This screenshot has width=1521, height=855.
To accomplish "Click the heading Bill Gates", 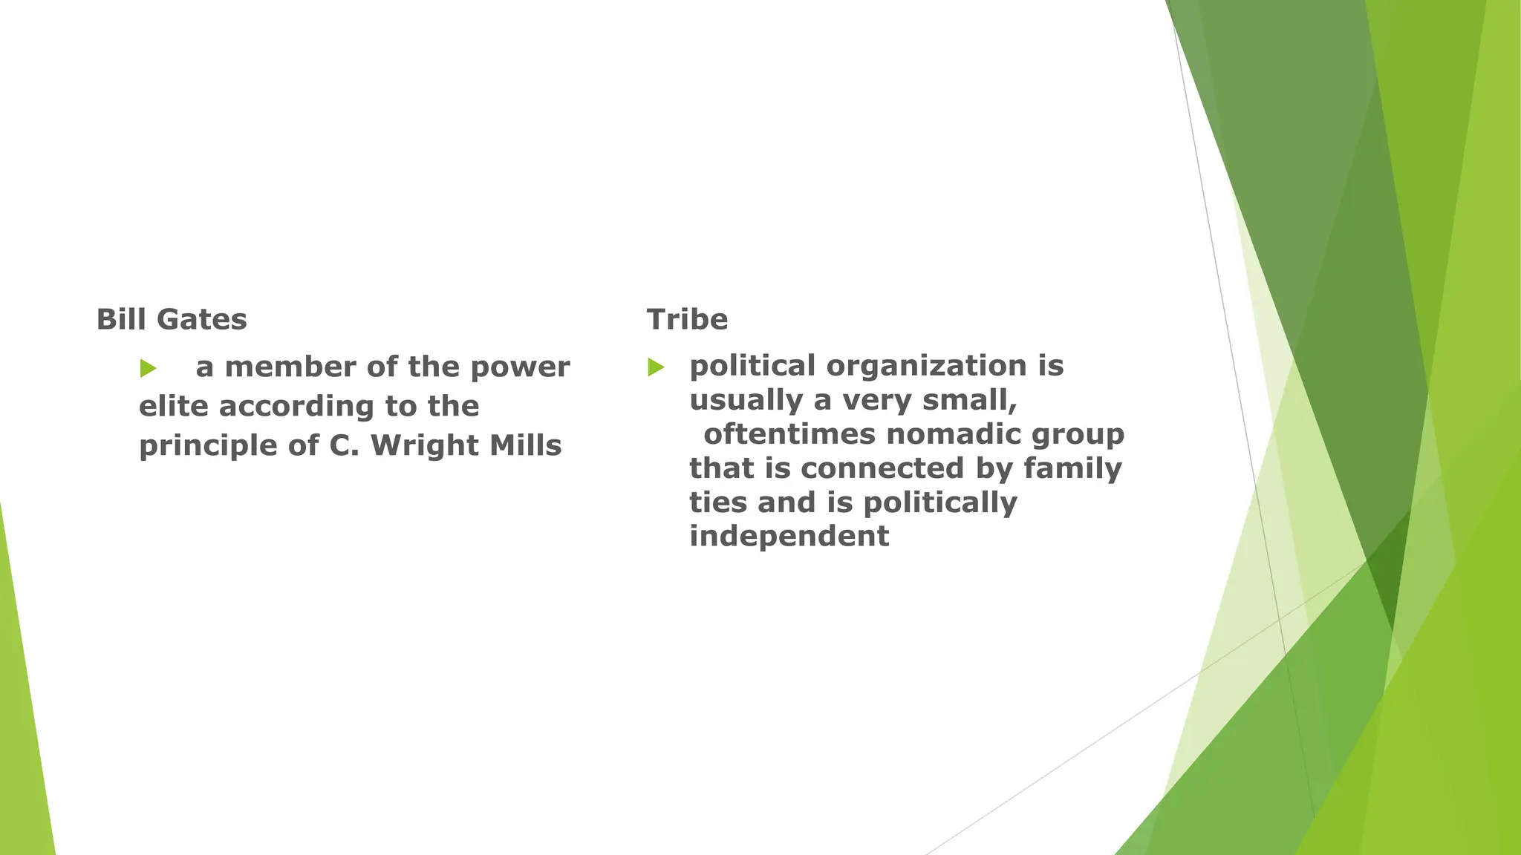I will click(172, 319).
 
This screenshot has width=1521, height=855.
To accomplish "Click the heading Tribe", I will click(687, 319).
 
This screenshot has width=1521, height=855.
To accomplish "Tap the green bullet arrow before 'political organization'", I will click(656, 367).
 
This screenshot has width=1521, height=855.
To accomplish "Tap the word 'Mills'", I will click(525, 445).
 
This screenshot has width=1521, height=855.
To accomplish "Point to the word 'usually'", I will click(746, 401).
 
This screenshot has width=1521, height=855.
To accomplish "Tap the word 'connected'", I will click(883, 468).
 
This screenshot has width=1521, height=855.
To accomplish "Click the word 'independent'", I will click(789, 536).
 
